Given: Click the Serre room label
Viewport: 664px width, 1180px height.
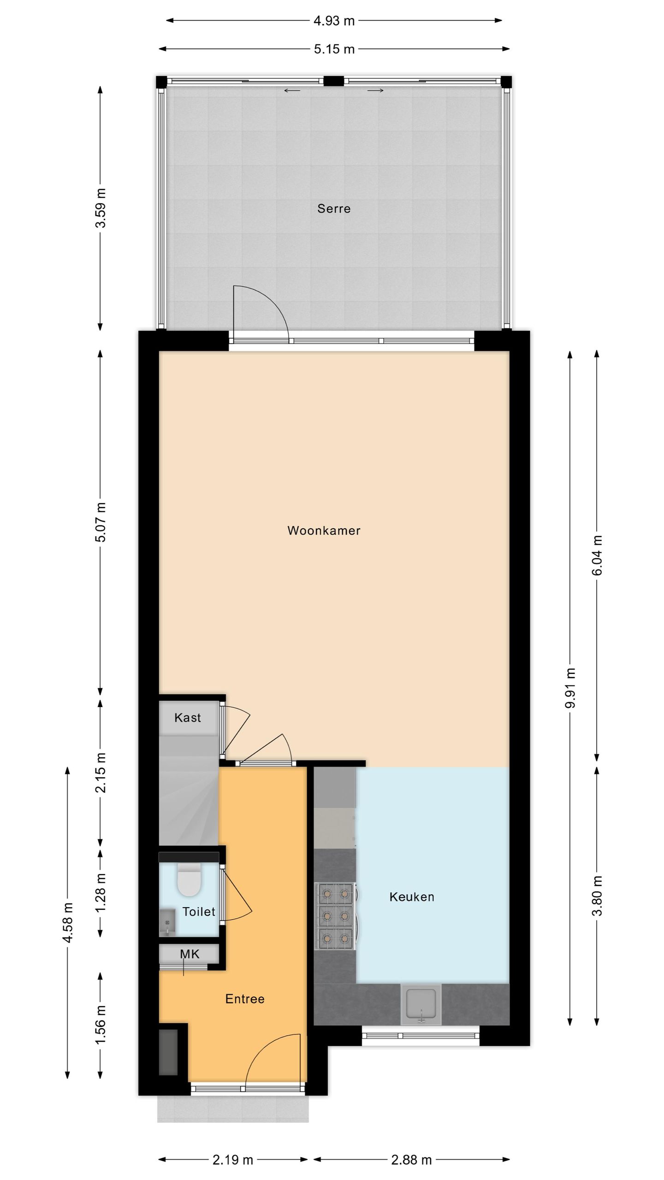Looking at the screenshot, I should coord(333,209).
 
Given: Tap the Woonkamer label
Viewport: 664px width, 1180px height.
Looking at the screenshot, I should coord(324,531).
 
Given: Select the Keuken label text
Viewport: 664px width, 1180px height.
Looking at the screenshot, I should coord(412,897).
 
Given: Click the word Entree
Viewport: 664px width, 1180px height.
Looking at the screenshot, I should coord(245,999).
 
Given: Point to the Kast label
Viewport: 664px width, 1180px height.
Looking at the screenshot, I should coord(188,718).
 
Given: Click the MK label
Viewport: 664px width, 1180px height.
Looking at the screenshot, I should coord(190,954).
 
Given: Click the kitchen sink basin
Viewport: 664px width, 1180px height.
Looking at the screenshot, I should coord(421,1003).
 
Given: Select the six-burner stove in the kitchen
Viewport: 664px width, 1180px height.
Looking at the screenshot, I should coord(335,915).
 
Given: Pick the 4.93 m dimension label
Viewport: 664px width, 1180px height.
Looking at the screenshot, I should coord(334,21).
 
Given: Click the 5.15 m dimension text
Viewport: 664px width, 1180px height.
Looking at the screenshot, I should coord(334,49).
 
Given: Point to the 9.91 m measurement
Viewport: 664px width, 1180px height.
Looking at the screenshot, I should coord(570,687).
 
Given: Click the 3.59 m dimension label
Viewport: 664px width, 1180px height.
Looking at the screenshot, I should coord(101,208).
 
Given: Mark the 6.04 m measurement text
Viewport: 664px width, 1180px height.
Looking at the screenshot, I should coord(597,555).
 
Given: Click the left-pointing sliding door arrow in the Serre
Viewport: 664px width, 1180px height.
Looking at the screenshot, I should coord(292,91).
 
